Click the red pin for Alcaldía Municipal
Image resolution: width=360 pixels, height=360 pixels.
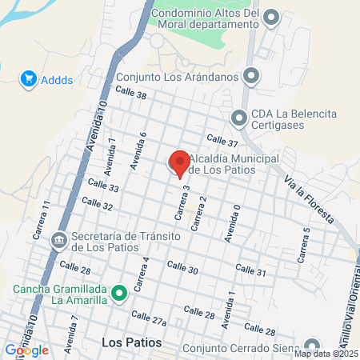(x=180, y=162)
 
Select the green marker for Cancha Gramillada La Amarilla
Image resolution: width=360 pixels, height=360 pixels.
(x=120, y=294)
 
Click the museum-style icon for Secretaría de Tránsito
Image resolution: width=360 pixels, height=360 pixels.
(x=59, y=240)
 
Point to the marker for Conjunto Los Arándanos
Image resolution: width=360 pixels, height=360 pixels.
(x=252, y=77)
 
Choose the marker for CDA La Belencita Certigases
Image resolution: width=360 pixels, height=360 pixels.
(x=238, y=118)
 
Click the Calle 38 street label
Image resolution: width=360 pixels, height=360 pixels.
(x=130, y=94)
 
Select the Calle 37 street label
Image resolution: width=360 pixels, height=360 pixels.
(x=222, y=142)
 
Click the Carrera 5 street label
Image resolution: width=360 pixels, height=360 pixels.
(x=304, y=245)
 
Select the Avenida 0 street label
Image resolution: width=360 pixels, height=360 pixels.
(x=232, y=222)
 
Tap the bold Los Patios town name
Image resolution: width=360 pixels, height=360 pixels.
(x=132, y=342)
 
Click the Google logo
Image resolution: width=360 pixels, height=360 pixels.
(x=26, y=350)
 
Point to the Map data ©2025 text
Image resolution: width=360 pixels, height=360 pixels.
(x=326, y=354)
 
